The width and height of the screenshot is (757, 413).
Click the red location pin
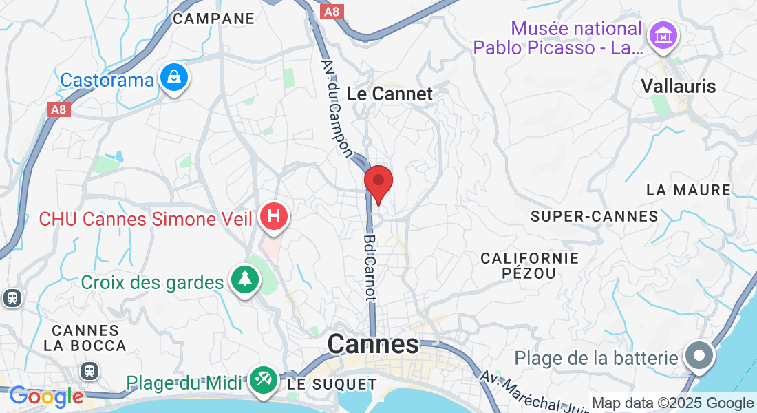[378, 182]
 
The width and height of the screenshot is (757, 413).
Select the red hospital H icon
[273, 216]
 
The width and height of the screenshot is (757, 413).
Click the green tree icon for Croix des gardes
[244, 279]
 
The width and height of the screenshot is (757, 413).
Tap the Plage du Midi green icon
[263, 379]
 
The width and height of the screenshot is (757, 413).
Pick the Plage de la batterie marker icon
[700, 357]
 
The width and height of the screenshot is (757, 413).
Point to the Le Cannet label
[390, 94]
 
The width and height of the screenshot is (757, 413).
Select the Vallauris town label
[678, 86]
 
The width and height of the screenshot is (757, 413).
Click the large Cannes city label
[373, 343]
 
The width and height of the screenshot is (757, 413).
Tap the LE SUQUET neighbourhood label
[332, 384]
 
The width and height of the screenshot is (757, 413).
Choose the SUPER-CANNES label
[595, 216]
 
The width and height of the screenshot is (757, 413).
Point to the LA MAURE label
[688, 190]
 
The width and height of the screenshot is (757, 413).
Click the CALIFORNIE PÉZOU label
[529, 266]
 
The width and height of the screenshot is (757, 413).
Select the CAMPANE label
[213, 19]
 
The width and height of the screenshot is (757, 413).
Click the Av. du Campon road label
[337, 107]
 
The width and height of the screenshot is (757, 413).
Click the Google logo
[45, 397]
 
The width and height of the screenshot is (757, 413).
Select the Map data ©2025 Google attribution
[672, 403]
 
